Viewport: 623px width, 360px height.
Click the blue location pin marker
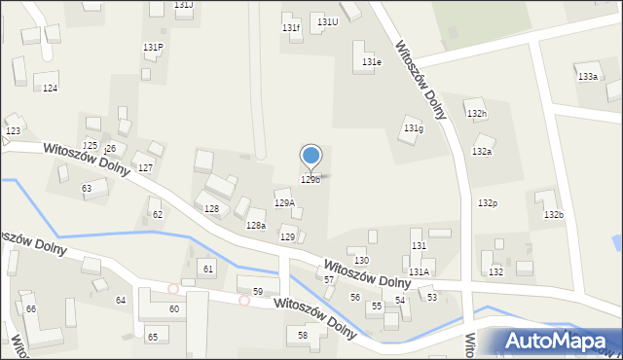(x=311, y=157)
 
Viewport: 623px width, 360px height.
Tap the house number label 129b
(x=311, y=180)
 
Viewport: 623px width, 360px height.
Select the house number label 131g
(x=414, y=128)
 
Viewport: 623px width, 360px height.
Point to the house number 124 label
(x=51, y=89)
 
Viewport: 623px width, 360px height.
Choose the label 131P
(x=153, y=47)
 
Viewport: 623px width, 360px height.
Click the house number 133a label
(x=588, y=76)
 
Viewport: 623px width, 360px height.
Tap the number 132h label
(x=477, y=114)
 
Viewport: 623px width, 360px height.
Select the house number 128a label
(x=255, y=226)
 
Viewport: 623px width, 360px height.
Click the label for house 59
(x=258, y=292)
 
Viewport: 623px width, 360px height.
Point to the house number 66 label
(x=31, y=308)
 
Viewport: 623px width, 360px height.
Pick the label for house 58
(x=303, y=335)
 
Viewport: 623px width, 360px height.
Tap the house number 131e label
(x=372, y=62)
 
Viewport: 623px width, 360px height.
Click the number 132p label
(x=488, y=202)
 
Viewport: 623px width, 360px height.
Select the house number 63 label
(x=87, y=188)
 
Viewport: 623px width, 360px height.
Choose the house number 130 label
(x=361, y=261)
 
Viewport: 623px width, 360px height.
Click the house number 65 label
(x=152, y=337)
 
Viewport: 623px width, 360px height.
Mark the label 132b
(x=553, y=214)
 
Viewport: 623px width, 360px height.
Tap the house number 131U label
(x=327, y=21)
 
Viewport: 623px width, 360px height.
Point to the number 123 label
(x=13, y=130)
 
